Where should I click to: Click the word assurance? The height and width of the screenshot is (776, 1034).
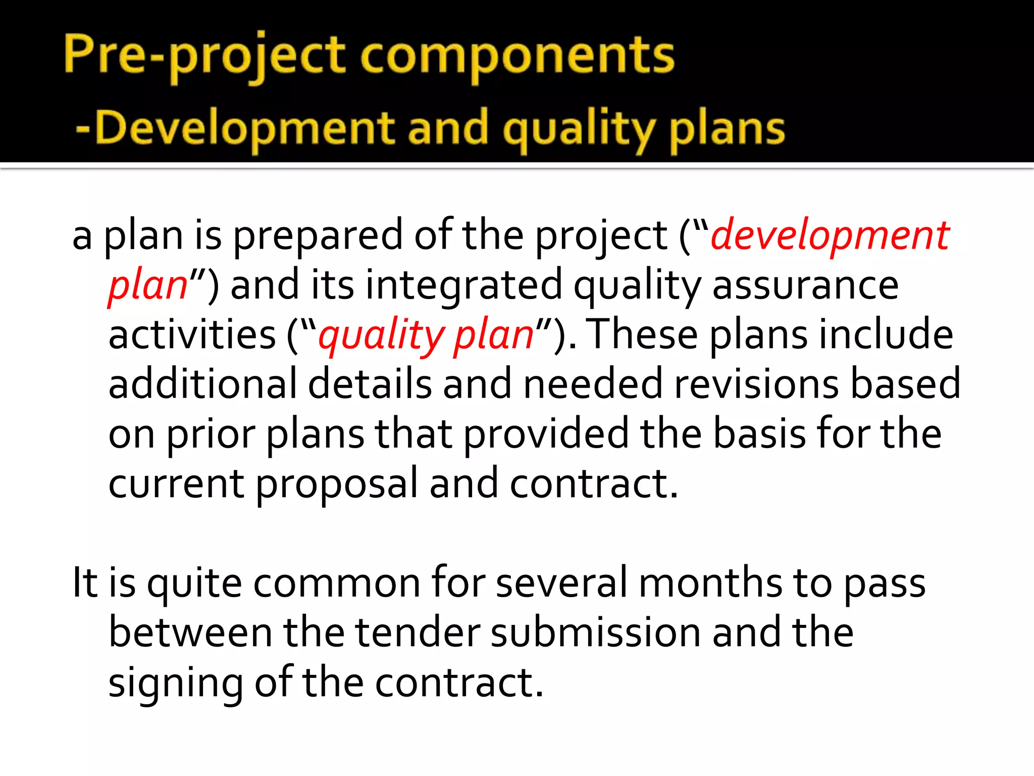coord(805,285)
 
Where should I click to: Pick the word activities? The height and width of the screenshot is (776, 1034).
coord(192,334)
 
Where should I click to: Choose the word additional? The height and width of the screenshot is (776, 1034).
coord(202,384)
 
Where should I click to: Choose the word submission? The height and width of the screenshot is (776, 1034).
coord(595,633)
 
